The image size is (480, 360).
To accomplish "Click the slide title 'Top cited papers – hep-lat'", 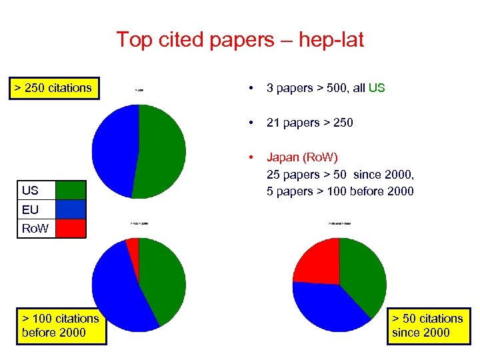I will pos(240,39).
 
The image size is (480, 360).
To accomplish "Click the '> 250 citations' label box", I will pos(54,88).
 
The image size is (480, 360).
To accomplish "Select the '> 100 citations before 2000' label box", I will pos(61,325).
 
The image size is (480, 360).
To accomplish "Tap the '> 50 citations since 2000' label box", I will pos(427,325).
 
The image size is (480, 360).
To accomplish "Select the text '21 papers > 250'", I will pos(310,123).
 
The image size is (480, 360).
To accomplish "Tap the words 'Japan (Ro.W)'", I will pos(302,158).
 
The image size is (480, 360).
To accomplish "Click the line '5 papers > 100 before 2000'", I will pos(340,191).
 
